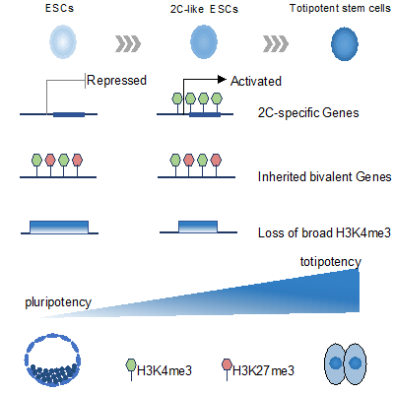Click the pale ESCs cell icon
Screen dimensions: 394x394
coord(63,42)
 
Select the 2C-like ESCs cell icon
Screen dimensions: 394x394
coord(204,42)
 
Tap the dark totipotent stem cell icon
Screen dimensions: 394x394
coord(345,44)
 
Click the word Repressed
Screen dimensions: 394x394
coord(116,81)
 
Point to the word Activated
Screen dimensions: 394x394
coord(256,81)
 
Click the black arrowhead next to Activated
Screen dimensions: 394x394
coord(222,79)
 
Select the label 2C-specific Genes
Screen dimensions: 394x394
coord(308,113)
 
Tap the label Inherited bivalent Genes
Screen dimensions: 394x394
coord(324,176)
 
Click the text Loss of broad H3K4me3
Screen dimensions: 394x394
coord(324,232)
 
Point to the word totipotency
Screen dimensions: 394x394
coord(331,262)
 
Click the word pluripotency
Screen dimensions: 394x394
coord(58,302)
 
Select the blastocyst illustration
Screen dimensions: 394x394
coord(52,360)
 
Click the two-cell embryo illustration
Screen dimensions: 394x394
coord(346,363)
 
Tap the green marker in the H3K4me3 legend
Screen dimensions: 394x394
coord(131,365)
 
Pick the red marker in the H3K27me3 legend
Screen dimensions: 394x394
coord(227,365)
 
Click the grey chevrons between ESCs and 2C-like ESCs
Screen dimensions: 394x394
coord(128,44)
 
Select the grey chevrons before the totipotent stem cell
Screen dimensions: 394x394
coord(276,44)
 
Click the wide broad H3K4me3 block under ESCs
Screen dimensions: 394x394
coord(59,228)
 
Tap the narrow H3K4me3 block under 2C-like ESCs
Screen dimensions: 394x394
coord(198,227)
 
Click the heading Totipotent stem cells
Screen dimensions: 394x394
coord(340,8)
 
